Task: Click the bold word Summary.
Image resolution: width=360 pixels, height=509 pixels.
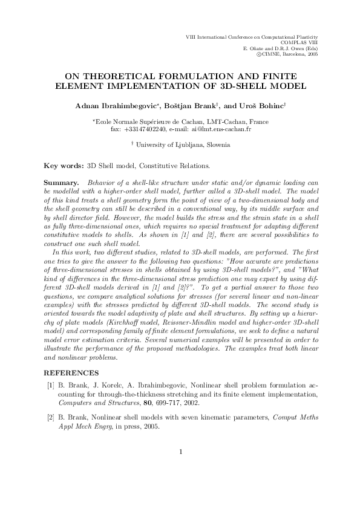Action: point(62,181)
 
